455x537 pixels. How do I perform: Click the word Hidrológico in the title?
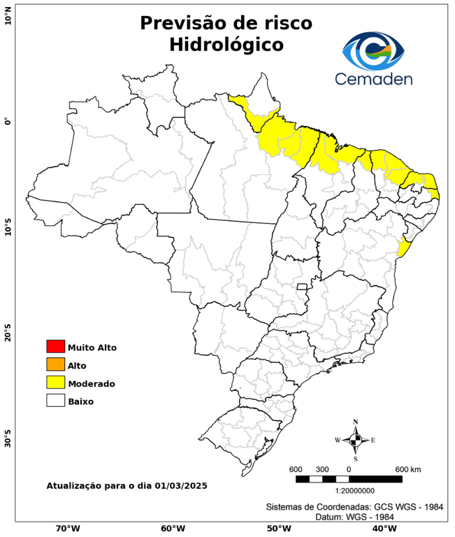(226, 45)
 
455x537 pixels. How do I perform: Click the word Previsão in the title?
(180, 22)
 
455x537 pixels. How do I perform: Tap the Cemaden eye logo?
(377, 49)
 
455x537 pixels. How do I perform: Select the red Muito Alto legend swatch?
(55, 346)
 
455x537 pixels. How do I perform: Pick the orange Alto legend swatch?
(55, 364)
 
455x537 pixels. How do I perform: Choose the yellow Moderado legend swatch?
(55, 382)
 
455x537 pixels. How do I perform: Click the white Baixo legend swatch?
(55, 401)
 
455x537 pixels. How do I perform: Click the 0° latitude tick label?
(8, 121)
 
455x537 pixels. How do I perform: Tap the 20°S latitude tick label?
(8, 334)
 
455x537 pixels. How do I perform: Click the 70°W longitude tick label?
(67, 528)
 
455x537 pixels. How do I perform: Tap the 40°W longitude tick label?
(382, 528)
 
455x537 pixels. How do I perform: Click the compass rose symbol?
(355, 440)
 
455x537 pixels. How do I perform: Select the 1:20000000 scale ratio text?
(349, 491)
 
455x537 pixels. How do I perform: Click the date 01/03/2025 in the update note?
(181, 485)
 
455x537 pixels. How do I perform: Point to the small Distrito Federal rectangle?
(303, 287)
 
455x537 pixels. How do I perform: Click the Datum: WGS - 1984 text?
(357, 517)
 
